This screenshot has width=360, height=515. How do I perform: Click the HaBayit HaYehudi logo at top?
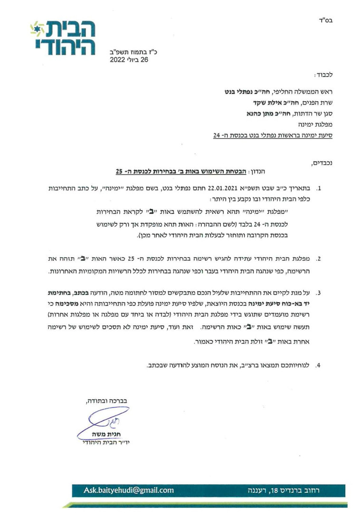62,38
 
